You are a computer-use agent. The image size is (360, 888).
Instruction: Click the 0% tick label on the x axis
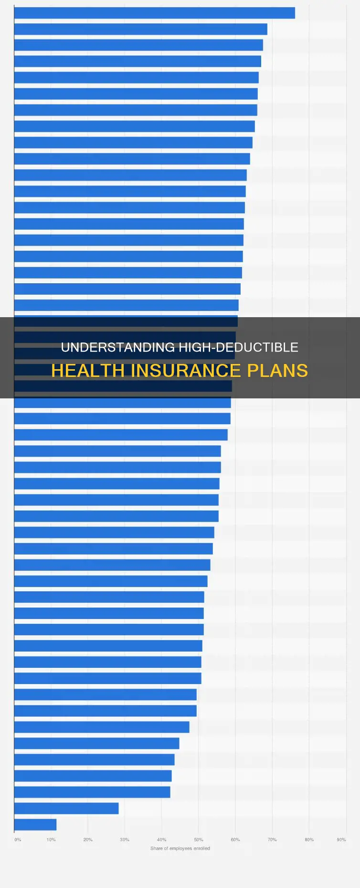pyautogui.click(x=18, y=839)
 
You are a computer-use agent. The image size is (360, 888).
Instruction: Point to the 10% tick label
pyautogui.click(x=51, y=839)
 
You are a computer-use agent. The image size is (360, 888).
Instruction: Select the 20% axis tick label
pyautogui.click(x=88, y=839)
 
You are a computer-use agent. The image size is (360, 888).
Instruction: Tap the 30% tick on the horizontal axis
pyautogui.click(x=125, y=839)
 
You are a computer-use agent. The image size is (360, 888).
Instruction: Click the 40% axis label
pyautogui.click(x=162, y=839)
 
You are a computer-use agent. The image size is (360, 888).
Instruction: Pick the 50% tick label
pyautogui.click(x=199, y=839)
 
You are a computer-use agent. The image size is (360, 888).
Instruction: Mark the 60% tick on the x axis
pyautogui.click(x=235, y=839)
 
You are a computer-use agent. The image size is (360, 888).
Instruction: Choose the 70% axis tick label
pyautogui.click(x=272, y=839)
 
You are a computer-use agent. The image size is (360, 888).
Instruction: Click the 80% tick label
pyautogui.click(x=309, y=839)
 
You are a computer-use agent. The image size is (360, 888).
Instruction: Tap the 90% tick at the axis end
pyautogui.click(x=341, y=839)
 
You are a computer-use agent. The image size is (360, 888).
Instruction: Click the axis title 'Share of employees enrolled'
pyautogui.click(x=180, y=848)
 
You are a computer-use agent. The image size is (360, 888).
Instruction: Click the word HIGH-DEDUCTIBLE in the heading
pyautogui.click(x=238, y=347)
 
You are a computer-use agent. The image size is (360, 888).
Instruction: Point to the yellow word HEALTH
pyautogui.click(x=89, y=371)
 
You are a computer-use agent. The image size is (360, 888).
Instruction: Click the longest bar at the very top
pyautogui.click(x=154, y=13)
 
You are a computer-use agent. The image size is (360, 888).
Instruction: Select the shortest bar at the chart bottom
pyautogui.click(x=35, y=824)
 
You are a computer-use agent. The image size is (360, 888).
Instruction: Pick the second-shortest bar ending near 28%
pyautogui.click(x=66, y=808)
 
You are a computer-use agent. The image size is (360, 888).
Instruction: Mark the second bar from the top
pyautogui.click(x=140, y=29)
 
